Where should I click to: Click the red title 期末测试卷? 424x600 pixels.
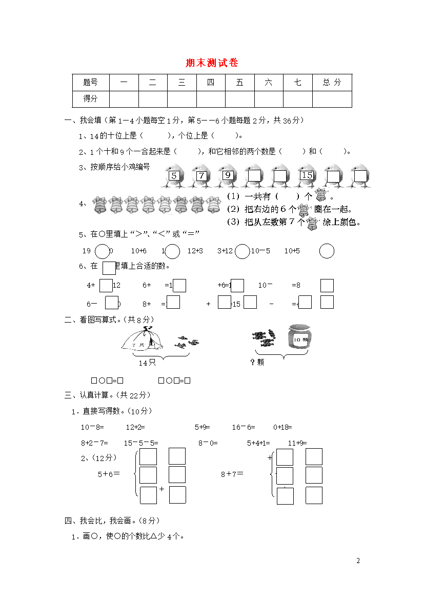point(212,63)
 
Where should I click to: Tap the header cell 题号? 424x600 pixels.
point(90,82)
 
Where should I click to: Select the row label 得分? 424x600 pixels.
point(90,98)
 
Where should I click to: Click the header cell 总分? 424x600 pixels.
point(332,82)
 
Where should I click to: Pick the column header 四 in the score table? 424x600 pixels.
point(211,82)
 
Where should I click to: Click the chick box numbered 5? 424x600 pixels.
point(174,176)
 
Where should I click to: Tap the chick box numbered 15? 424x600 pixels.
point(307,176)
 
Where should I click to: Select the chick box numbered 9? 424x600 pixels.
point(228,176)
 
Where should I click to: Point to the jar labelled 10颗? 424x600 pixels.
point(299,339)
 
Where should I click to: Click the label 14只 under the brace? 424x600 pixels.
point(147,363)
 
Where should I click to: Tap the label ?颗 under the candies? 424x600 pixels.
point(257,363)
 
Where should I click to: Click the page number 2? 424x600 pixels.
point(358,561)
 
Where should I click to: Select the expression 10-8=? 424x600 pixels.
point(92,427)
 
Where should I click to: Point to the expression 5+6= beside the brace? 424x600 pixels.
point(109,474)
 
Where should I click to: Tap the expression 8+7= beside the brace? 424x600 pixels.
point(232,474)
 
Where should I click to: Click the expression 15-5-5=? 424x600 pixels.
point(141,443)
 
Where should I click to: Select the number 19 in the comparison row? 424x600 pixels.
point(86,251)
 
